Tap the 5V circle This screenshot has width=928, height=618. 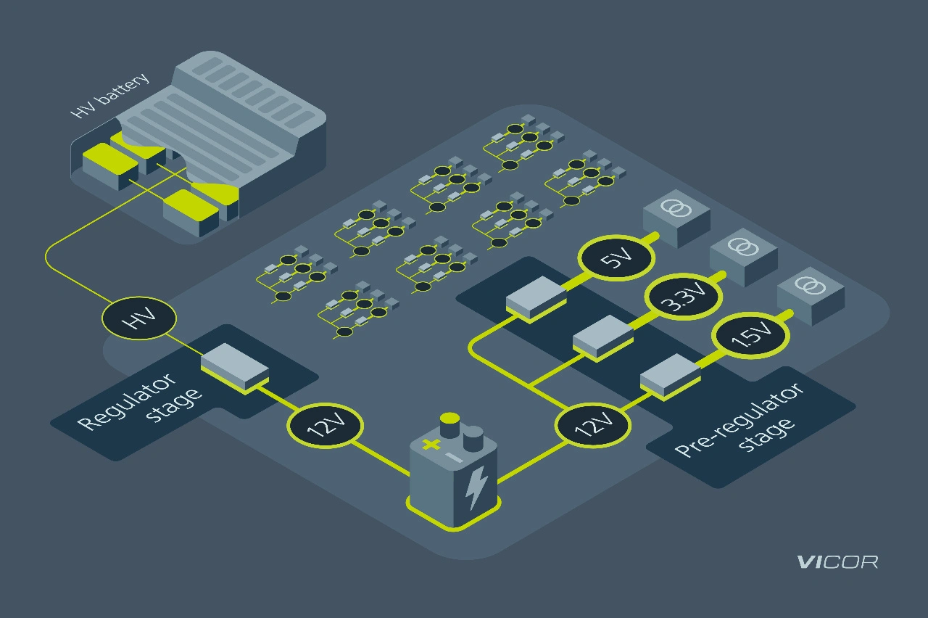point(616,257)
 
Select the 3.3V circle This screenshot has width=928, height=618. point(683,296)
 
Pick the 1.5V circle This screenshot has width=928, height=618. point(750,335)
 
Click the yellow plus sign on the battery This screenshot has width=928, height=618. point(431,444)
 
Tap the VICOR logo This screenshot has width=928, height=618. point(837,562)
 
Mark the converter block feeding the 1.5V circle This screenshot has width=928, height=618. point(670,375)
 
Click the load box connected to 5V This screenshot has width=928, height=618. point(676,215)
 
